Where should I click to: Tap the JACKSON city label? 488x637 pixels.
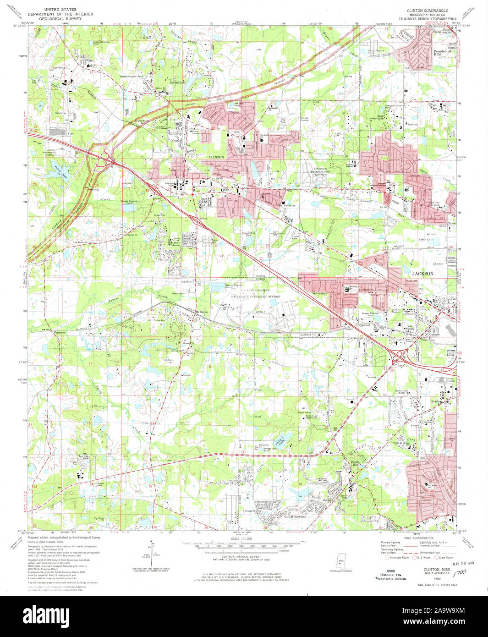tap(422, 274)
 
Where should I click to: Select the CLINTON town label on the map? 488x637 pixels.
tap(216, 157)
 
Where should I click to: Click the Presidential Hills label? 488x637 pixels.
tap(442, 53)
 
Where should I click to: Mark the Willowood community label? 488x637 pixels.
tap(297, 516)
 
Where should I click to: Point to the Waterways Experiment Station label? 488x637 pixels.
tap(255, 297)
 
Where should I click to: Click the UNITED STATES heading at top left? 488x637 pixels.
tap(60, 9)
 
